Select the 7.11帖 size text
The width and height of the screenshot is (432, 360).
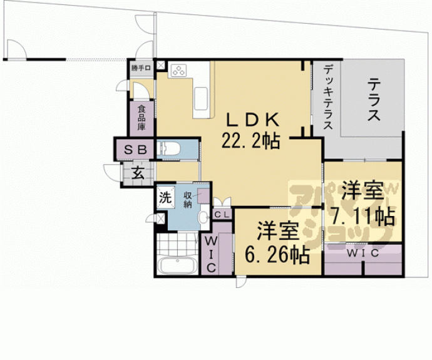point(363,217)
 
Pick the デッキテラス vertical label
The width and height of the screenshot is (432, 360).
point(328,100)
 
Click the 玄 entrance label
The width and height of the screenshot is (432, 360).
point(138,173)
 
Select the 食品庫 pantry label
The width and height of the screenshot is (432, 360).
point(141,118)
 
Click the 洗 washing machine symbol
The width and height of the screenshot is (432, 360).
point(164,198)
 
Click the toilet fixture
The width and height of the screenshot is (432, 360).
point(172,149)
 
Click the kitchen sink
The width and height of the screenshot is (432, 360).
point(202,98)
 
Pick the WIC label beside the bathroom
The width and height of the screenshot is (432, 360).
point(210,253)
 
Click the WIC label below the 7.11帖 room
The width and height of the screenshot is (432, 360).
point(362,254)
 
